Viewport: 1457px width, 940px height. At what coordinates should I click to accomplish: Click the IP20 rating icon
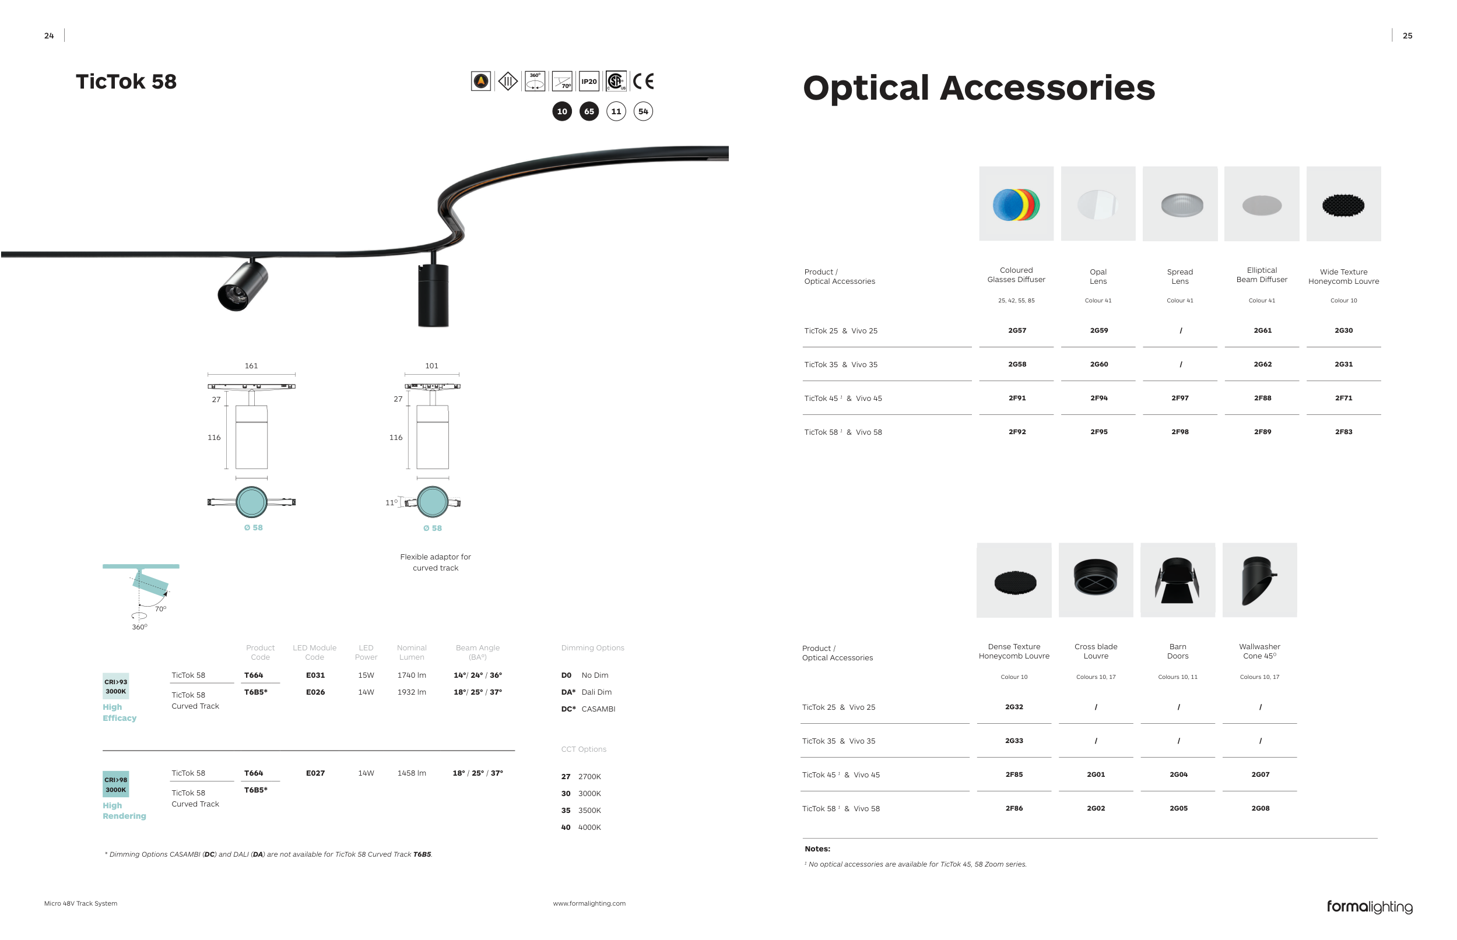point(589,81)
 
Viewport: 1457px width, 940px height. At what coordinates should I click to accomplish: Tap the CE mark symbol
point(643,81)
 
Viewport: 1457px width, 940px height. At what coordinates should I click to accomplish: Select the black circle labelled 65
point(589,111)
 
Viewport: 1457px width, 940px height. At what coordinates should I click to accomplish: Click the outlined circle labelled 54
point(643,111)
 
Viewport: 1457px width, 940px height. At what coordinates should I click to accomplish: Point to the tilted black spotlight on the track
point(243,286)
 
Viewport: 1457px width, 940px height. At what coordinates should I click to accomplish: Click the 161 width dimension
point(251,366)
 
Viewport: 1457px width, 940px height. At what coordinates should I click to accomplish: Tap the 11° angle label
point(391,503)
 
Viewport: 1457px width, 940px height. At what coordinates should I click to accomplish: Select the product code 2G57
point(1017,331)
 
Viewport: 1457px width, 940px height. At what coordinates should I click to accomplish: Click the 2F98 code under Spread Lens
point(1179,432)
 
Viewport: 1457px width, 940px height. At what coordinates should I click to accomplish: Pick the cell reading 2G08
point(1260,809)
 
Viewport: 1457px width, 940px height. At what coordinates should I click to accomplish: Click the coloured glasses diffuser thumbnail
point(1016,204)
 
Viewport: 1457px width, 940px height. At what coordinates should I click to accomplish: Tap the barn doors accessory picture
point(1177,580)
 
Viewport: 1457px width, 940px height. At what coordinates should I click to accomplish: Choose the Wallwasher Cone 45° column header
point(1259,652)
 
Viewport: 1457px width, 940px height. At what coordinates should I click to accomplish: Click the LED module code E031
point(315,675)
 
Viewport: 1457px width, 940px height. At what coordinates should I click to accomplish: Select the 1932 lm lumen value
point(412,692)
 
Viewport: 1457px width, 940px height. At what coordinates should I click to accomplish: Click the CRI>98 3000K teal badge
point(115,785)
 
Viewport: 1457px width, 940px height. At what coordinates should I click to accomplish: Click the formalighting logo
point(1369,907)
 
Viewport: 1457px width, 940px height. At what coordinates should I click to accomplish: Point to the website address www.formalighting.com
point(589,904)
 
